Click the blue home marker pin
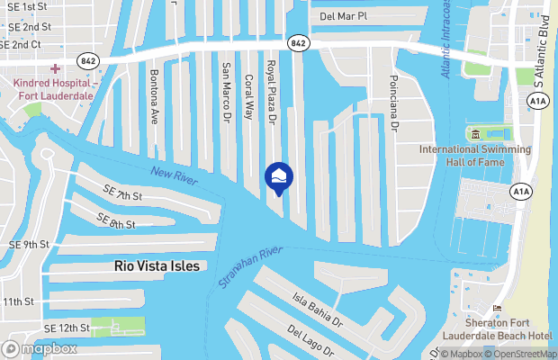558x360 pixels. coord(277,177)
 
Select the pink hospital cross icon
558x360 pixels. coord(56,69)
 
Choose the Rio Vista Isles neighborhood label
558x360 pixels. coord(157,266)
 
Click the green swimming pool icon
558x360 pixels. coord(473,135)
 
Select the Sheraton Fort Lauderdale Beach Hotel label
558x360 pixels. coord(508,329)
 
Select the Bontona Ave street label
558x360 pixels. coord(154,95)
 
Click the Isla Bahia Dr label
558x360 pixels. coord(318,308)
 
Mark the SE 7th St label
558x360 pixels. coord(123,193)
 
